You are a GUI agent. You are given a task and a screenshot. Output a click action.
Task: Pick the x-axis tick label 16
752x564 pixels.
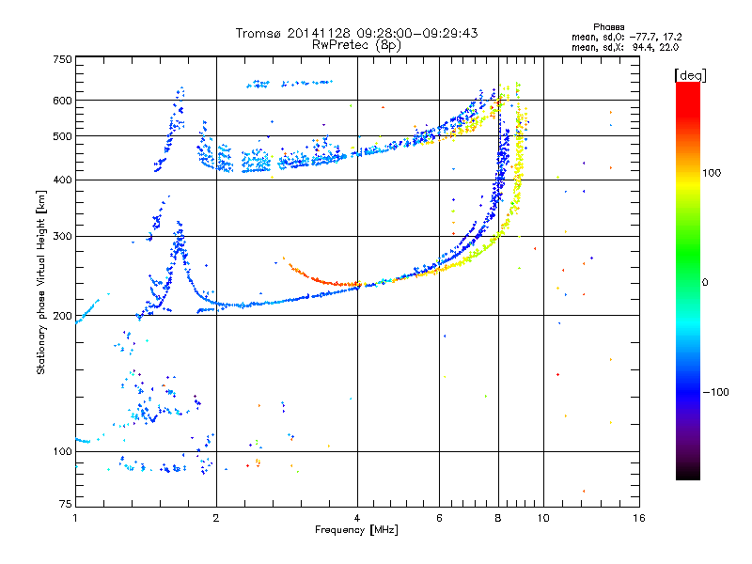point(638,518)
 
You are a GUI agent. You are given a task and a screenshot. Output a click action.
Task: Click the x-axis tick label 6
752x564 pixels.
point(439,518)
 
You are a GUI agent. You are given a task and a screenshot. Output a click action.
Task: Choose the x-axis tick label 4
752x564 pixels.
point(357,518)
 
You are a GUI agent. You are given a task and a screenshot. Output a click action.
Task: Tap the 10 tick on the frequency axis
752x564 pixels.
point(542,518)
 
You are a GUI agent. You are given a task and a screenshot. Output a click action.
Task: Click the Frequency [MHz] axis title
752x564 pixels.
point(356,530)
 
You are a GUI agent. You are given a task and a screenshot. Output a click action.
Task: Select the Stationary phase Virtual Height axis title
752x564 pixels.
point(41,282)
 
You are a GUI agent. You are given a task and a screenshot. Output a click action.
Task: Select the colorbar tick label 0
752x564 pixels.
point(705,282)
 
